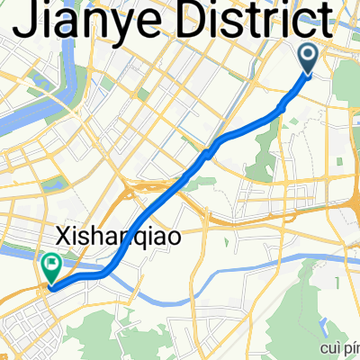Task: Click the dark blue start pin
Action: click(308, 59)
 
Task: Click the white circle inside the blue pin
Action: click(308, 56)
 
